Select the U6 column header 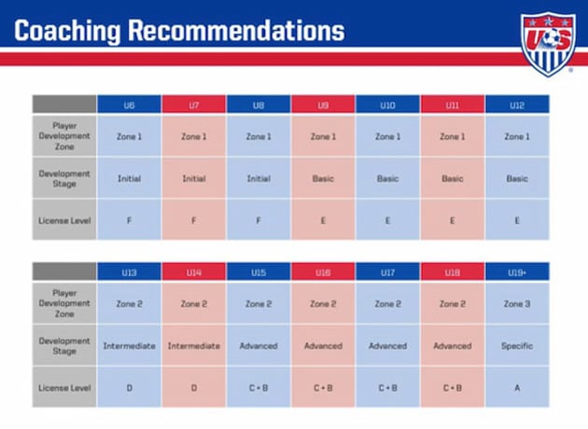[x=129, y=104]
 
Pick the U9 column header [x=323, y=104]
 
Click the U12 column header [x=517, y=104]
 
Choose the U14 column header [x=193, y=271]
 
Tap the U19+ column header [x=517, y=271]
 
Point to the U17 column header [x=387, y=271]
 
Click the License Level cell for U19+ [x=517, y=387]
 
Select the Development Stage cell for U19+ [x=517, y=346]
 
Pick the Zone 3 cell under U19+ [x=517, y=304]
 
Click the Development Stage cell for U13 [x=129, y=346]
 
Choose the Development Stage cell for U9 [x=323, y=178]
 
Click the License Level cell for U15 [x=259, y=387]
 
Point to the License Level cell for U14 [x=193, y=387]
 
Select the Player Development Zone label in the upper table [x=64, y=136]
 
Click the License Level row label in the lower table [x=64, y=387]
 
